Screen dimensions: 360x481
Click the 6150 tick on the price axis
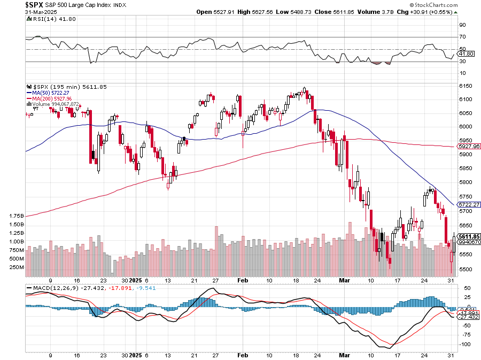(466, 86)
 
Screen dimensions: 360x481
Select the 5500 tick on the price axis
(466, 270)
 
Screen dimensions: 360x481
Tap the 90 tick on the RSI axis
(463, 25)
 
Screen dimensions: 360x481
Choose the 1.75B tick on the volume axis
(16, 216)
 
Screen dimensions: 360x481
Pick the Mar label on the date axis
(344, 280)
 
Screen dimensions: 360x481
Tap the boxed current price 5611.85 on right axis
(469, 236)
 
